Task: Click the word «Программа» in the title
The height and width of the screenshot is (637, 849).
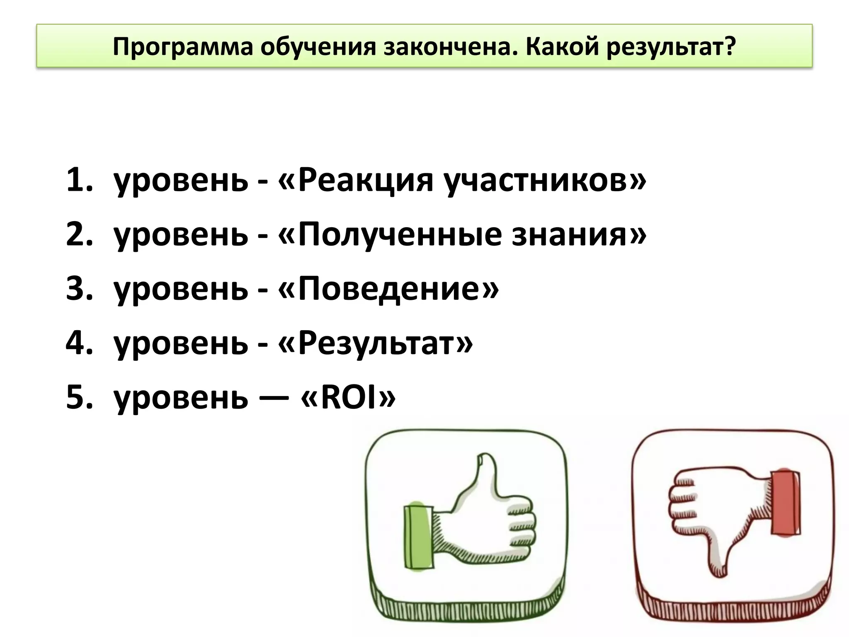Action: click(x=182, y=47)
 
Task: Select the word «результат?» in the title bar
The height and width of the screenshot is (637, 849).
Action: click(x=672, y=47)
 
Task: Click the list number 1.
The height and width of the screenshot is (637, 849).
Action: click(x=79, y=180)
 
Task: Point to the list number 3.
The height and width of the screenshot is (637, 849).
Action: click(x=79, y=289)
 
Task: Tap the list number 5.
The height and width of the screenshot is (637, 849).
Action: click(x=79, y=397)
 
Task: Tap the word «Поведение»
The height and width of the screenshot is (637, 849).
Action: click(x=392, y=289)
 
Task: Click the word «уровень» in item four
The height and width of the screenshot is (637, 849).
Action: click(x=181, y=344)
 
